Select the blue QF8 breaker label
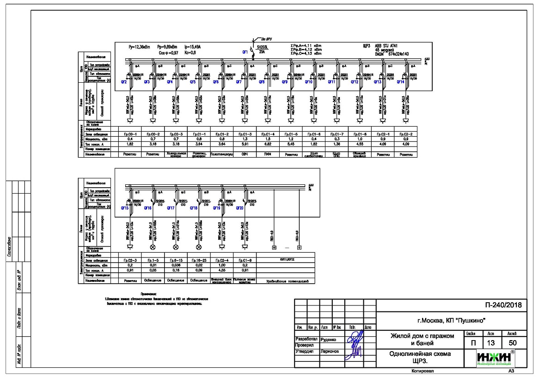(x=262, y=82)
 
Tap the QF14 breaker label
(x=400, y=82)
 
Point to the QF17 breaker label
(x=171, y=208)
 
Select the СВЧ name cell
(x=245, y=154)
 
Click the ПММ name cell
(x=268, y=154)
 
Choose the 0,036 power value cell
(x=176, y=265)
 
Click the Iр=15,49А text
(x=193, y=47)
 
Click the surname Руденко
(x=329, y=339)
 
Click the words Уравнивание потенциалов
(x=287, y=280)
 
